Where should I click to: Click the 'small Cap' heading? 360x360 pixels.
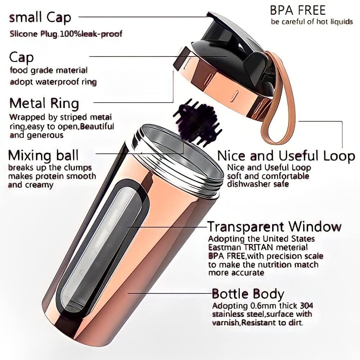40,17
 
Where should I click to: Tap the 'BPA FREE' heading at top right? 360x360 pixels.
298,10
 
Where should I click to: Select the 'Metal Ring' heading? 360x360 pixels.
44,103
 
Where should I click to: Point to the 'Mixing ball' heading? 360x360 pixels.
43,156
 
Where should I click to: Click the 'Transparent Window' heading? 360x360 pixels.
274,227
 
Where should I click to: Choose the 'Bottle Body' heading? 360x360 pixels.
248,294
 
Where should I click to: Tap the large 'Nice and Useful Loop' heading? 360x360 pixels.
286,156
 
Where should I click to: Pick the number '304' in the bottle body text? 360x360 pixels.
306,306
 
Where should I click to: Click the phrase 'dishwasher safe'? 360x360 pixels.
258,184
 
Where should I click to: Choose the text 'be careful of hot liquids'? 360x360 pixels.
312,22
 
